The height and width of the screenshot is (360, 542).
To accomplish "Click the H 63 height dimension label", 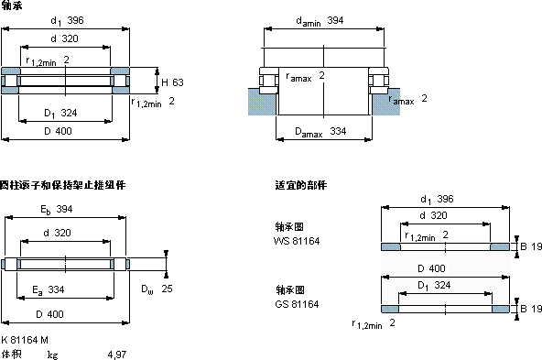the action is pyautogui.click(x=172, y=82).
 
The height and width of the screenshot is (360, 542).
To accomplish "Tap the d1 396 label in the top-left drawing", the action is pyautogui.click(x=67, y=21).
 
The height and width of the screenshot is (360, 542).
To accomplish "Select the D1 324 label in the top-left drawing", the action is pyautogui.click(x=60, y=113).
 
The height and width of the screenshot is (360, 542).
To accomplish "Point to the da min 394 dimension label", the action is pyautogui.click(x=320, y=21).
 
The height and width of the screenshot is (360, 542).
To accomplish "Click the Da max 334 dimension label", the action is pyautogui.click(x=320, y=132).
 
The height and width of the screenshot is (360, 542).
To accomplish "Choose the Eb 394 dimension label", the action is pyautogui.click(x=57, y=210).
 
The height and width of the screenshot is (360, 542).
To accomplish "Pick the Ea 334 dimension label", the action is pyautogui.click(x=49, y=289).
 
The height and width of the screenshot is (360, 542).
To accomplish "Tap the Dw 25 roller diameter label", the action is pyautogui.click(x=157, y=289).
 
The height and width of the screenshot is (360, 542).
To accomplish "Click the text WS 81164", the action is pyautogui.click(x=297, y=241).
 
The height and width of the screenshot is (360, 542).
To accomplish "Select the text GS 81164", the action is pyautogui.click(x=297, y=304).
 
